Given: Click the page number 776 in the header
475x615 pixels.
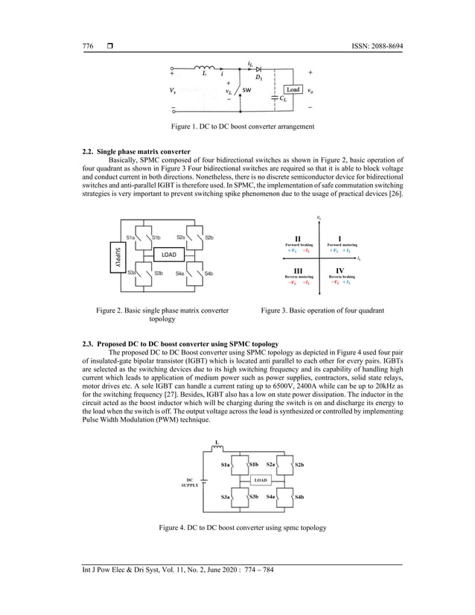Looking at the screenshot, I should (87, 46).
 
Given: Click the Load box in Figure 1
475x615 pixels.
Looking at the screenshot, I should (293, 90).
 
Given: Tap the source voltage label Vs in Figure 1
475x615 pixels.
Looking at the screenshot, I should (173, 92).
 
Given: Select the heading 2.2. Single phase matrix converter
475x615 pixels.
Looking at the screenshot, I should (136, 152).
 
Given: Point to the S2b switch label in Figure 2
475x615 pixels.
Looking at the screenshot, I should (209, 238).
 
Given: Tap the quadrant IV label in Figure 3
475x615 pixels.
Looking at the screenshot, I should (339, 270).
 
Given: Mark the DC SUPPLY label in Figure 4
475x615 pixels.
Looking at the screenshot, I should (190, 482).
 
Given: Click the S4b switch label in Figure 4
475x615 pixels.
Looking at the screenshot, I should (299, 496).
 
